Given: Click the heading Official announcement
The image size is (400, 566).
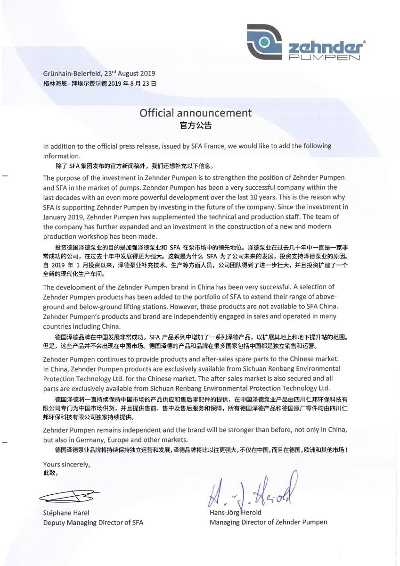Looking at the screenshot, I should (x=196, y=113).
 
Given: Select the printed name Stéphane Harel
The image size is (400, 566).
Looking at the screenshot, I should (x=66, y=513).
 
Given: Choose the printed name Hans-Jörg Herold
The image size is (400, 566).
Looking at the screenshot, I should (x=236, y=513).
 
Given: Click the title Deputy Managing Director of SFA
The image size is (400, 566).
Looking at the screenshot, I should (x=93, y=522).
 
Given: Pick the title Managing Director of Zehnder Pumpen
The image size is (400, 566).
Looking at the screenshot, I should (x=269, y=522).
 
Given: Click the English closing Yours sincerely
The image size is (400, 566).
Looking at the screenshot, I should (x=66, y=464).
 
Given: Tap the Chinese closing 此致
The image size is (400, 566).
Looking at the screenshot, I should (x=50, y=473).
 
